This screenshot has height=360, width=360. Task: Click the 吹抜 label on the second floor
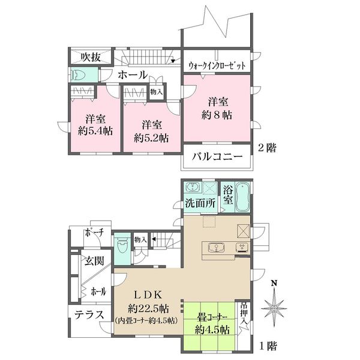pyautogui.click(x=91, y=56)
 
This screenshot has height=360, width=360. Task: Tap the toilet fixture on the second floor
pyautogui.click(x=78, y=74)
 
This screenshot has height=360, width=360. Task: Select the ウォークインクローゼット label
pyautogui.click(x=217, y=65)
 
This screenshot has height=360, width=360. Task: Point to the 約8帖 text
pyautogui.click(x=217, y=115)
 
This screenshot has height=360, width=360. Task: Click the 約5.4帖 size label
pyautogui.click(x=95, y=131)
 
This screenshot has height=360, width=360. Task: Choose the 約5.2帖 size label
pyautogui.click(x=151, y=138)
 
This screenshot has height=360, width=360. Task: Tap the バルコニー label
pyautogui.click(x=217, y=157)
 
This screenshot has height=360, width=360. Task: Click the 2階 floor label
pyautogui.click(x=268, y=148)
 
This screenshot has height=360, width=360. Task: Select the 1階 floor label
pyautogui.click(x=268, y=346)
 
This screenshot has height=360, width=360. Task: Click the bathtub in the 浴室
pyautogui.click(x=242, y=197)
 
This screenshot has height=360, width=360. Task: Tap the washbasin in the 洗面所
pyautogui.click(x=193, y=187)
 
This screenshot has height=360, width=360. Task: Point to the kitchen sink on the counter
pyautogui.click(x=217, y=247)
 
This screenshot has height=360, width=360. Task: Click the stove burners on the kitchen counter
pyautogui.click(x=242, y=247)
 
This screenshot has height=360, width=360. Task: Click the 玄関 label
pyautogui.click(x=94, y=261)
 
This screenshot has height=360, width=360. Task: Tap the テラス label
pyautogui.click(x=89, y=315)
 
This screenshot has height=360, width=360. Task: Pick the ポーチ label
pyautogui.click(x=94, y=233)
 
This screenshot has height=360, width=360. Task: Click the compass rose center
pyautogui.click(x=274, y=308)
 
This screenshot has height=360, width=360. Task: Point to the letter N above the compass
pyautogui.click(x=274, y=283)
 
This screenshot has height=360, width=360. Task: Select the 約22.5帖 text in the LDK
pyautogui.click(x=149, y=308)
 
